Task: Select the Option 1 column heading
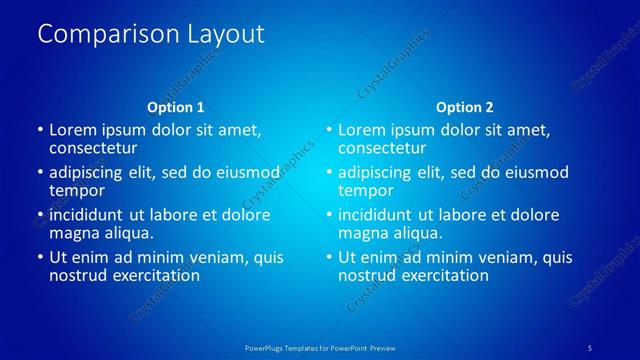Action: point(176,107)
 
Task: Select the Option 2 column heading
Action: point(464,107)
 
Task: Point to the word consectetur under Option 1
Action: point(93,147)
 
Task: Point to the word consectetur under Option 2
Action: point(382,147)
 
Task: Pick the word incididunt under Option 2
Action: point(378,215)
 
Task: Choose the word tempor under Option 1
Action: point(77,190)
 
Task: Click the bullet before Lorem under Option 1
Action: point(40,130)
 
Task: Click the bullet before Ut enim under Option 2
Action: point(329,258)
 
